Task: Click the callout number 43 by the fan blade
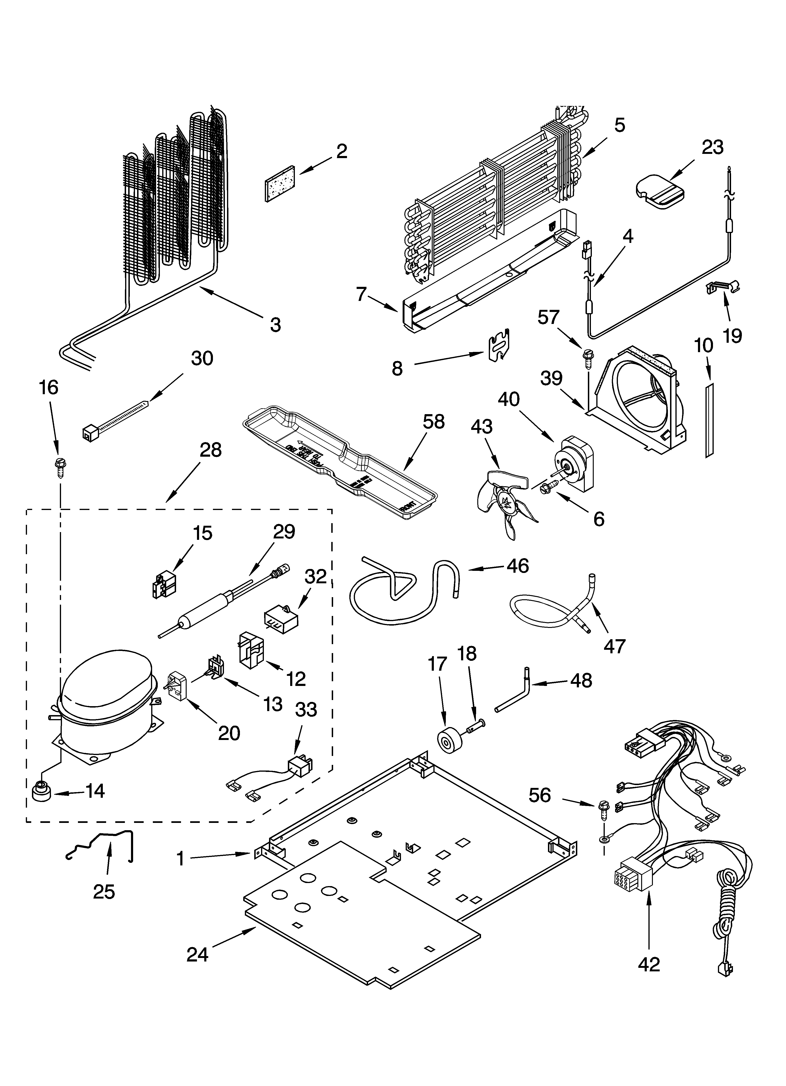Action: coord(482,427)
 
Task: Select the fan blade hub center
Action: coord(506,503)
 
